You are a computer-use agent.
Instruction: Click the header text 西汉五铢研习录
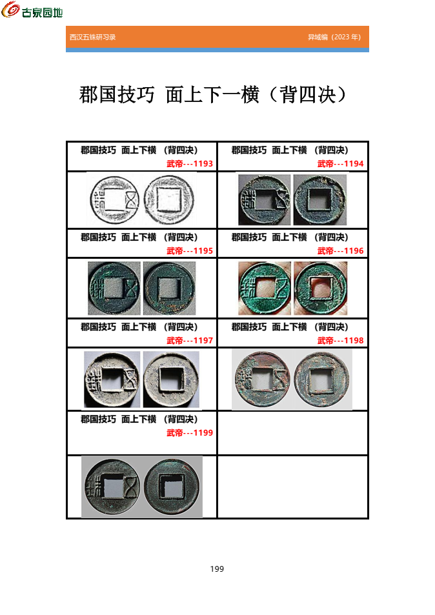93,37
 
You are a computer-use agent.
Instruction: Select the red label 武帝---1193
190,164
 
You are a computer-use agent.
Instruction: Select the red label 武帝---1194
340,164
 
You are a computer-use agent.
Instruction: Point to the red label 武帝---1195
190,251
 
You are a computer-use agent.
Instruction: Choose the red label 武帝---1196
340,251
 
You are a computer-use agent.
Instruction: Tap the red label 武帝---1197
190,341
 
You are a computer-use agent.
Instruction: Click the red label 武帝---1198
340,341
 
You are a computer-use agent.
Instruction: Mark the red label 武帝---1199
190,433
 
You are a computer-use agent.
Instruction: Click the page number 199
217,569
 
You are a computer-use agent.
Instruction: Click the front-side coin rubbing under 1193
114,199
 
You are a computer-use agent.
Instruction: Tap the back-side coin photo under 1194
319,200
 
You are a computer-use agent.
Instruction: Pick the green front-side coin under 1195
114,288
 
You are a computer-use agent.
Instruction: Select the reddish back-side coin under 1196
320,288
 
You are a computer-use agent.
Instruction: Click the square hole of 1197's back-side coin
170,379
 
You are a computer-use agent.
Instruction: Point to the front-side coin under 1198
263,379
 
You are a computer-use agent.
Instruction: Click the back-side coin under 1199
172,487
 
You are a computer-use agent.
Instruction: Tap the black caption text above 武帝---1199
139,419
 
